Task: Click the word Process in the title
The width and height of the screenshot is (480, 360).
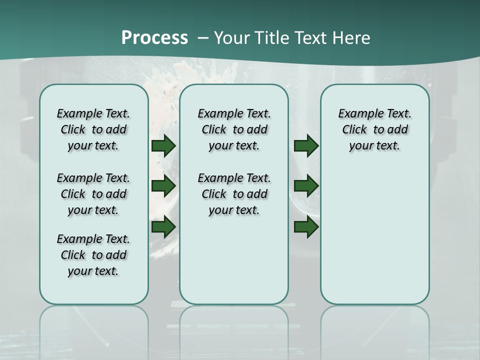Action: [154, 38]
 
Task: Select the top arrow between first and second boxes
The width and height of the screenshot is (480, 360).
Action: [163, 145]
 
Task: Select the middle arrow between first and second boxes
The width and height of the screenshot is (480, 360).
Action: [163, 186]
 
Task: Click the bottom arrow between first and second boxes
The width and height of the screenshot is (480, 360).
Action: [163, 227]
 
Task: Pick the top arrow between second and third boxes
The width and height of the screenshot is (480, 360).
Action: [306, 145]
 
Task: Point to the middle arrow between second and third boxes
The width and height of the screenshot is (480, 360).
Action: [306, 186]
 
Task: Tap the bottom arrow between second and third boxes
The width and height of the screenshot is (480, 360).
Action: [306, 227]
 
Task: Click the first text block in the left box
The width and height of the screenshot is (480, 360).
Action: [93, 129]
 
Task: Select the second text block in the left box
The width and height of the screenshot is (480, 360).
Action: [93, 194]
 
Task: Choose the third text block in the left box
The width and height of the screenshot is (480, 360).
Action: [93, 255]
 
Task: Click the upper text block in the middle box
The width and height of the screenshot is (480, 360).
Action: [234, 129]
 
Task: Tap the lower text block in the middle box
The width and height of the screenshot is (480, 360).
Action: [234, 194]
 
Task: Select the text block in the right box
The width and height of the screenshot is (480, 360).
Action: [374, 129]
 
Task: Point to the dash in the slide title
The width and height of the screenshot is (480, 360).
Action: [203, 38]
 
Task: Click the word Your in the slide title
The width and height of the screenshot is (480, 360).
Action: [230, 38]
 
